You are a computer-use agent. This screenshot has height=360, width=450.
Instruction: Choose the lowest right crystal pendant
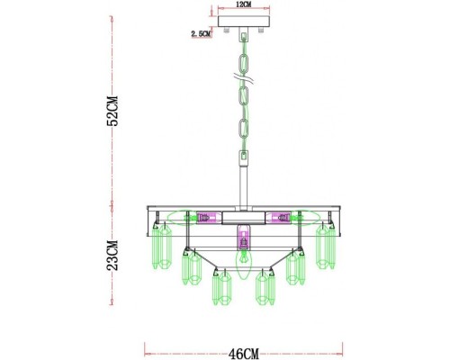263,288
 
